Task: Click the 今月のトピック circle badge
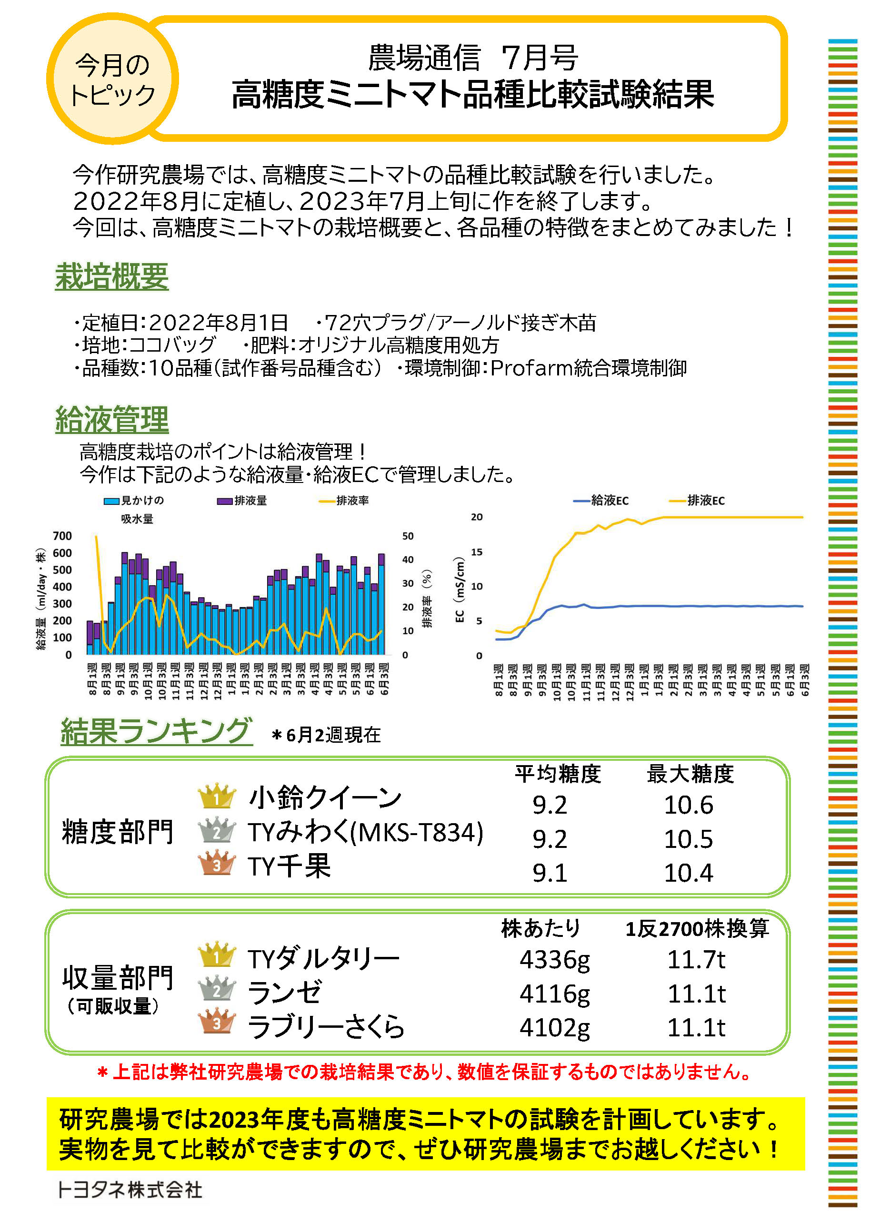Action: pyautogui.click(x=112, y=79)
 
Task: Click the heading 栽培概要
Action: pyautogui.click(x=111, y=276)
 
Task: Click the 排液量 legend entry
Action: pyautogui.click(x=242, y=501)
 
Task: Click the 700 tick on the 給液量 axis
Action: pyautogui.click(x=62, y=536)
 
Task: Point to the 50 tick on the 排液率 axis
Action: pyautogui.click(x=408, y=536)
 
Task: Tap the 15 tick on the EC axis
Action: pyautogui.click(x=477, y=552)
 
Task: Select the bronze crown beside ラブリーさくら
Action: pyautogui.click(x=217, y=1022)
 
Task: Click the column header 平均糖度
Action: pyautogui.click(x=558, y=774)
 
